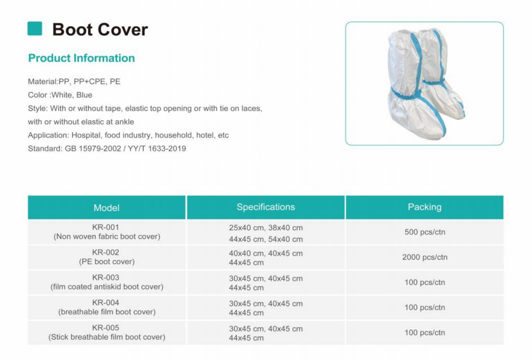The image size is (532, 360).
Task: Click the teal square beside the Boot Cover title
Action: click(35, 29)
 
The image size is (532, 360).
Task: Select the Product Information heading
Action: click(82, 58)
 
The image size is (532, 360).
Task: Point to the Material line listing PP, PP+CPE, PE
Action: click(74, 82)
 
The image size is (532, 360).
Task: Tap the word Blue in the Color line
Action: click(84, 95)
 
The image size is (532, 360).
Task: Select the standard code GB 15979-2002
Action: click(93, 148)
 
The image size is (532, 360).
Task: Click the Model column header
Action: click(106, 208)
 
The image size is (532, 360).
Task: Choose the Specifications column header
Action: click(266, 207)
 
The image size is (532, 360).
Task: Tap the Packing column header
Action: click(425, 207)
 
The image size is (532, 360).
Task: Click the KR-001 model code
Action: click(105, 227)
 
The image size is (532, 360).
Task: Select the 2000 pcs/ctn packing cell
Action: click(425, 257)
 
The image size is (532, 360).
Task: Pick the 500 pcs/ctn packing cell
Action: click(425, 232)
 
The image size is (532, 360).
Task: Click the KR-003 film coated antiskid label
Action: click(107, 287)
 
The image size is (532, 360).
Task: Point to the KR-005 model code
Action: click(105, 328)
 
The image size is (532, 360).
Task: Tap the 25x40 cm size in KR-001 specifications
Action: click(246, 228)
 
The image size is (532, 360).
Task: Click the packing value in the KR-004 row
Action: click(425, 308)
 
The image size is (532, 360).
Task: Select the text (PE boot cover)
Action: click(107, 262)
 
